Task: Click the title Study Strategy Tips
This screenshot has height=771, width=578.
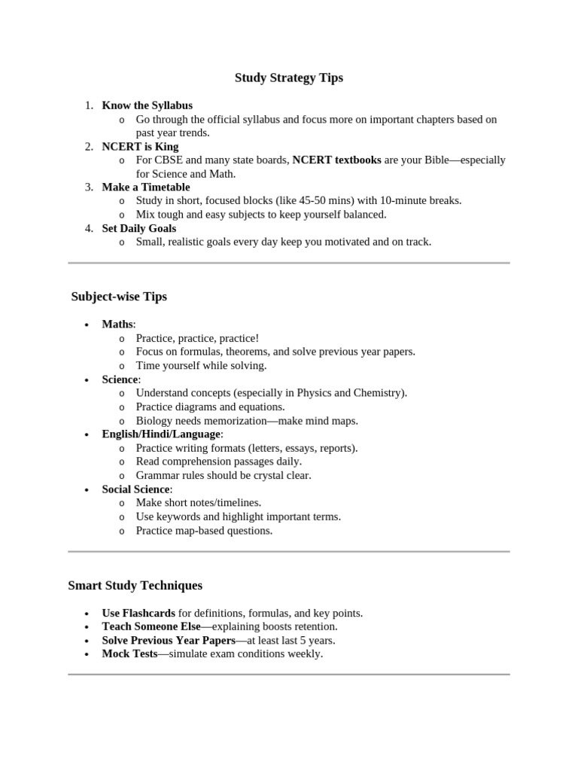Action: point(288,78)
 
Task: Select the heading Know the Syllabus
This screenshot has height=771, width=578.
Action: point(147,105)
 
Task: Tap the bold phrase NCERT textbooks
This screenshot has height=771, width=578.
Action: point(336,160)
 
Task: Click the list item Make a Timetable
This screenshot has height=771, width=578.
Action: point(146,187)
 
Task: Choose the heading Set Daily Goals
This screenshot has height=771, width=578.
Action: point(139,228)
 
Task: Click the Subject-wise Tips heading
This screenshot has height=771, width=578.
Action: point(119,297)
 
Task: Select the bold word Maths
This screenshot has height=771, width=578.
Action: point(117,325)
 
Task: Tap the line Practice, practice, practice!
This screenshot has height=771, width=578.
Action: point(197,338)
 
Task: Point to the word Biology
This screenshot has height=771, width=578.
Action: point(156,421)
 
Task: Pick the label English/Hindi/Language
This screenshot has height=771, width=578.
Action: point(161,434)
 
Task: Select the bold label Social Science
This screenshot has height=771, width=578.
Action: point(136,489)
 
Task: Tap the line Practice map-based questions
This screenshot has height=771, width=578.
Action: point(204,530)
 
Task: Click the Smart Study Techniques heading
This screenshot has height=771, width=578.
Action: point(135,585)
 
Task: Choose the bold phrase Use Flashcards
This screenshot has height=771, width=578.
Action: point(138,613)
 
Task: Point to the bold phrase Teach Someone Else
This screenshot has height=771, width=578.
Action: point(151,626)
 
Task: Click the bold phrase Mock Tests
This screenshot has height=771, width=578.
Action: point(129,654)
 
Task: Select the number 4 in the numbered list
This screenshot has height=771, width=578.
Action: point(89,228)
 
